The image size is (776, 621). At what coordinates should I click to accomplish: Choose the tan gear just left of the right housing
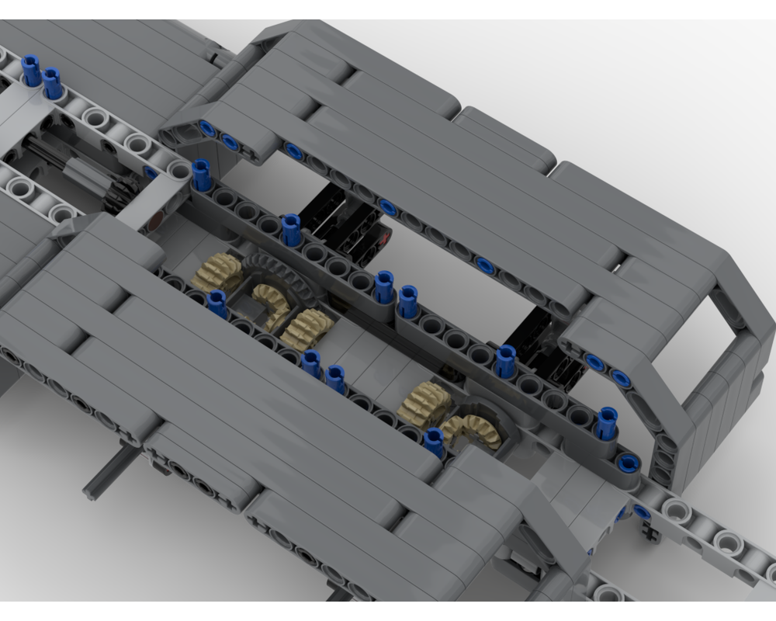click(424, 404)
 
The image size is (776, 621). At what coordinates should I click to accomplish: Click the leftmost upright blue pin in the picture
click(32, 71)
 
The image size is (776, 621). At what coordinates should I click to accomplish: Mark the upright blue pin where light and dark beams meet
click(201, 174)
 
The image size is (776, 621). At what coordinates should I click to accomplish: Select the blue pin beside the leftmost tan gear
click(218, 304)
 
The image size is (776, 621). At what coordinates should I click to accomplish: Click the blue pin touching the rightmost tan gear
click(435, 441)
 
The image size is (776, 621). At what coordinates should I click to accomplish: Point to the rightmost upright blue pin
click(608, 423)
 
